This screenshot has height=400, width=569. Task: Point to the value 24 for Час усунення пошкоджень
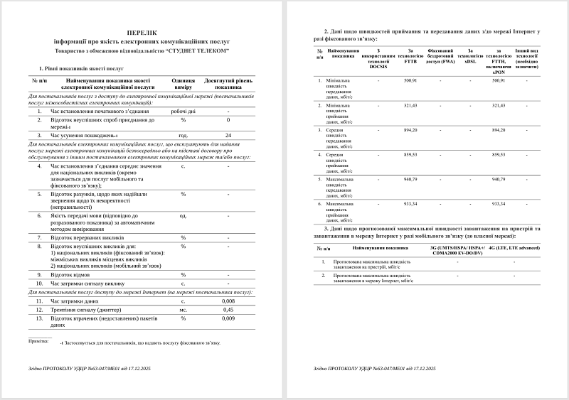point(228,135)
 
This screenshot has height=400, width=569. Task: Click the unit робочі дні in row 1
point(183,112)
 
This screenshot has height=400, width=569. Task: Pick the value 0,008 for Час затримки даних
point(228,301)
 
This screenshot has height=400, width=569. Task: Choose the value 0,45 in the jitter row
point(228,310)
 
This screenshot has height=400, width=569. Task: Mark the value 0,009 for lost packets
point(228,318)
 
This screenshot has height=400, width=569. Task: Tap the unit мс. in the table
point(183,310)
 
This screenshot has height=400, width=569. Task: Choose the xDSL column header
point(470,57)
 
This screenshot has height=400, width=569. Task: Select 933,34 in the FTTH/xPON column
point(498,204)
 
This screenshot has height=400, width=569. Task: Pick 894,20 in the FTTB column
point(410,130)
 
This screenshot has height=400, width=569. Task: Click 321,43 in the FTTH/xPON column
point(498,105)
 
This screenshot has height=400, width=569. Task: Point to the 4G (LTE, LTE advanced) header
point(514,248)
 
